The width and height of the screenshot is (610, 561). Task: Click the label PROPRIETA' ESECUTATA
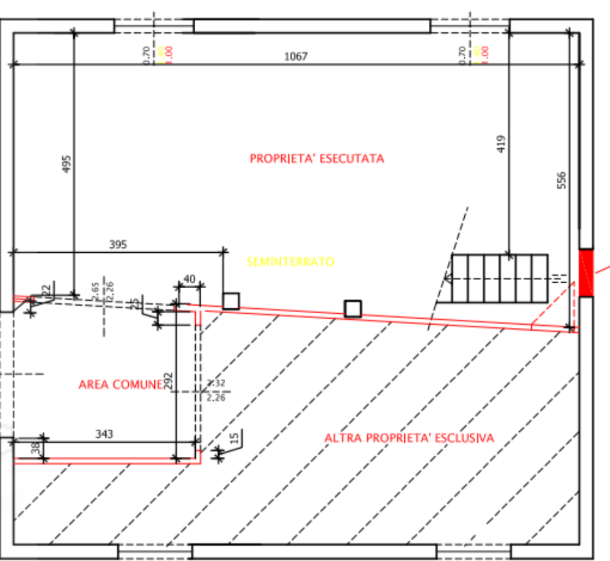point(317,158)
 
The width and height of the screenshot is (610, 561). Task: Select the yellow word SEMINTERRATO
point(290,262)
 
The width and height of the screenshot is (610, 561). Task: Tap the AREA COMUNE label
point(120,384)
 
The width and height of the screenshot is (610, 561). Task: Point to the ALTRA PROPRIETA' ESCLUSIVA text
point(409,437)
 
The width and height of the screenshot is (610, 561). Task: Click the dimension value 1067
point(296,56)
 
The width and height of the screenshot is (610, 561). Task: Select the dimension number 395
point(117,245)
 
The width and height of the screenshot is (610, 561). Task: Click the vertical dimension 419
point(501,144)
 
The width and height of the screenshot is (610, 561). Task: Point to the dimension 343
point(105,434)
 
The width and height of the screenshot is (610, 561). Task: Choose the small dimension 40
point(190,280)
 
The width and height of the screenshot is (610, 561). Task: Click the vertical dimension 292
point(167,381)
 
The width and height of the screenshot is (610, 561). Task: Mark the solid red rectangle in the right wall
point(586,273)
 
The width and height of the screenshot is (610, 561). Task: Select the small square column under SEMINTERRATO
point(351,308)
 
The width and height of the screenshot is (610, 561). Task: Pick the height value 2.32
point(215,383)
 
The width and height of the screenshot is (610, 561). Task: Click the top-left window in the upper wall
point(154,26)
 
